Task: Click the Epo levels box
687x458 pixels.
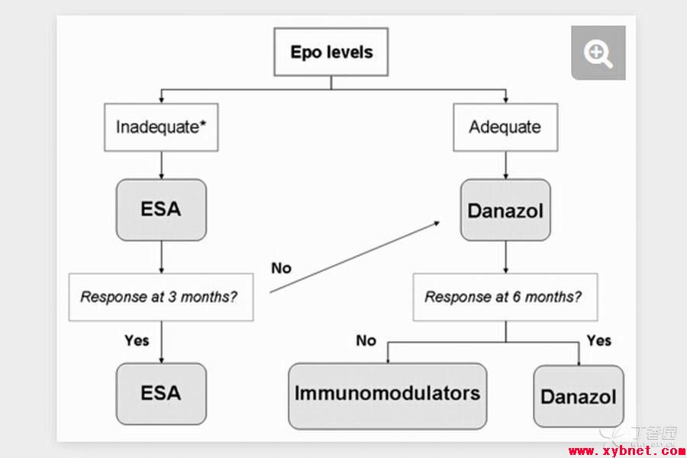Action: [331, 52]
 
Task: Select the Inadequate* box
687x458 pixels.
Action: [161, 127]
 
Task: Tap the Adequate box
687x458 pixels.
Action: [505, 127]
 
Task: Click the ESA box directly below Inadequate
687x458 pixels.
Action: [161, 209]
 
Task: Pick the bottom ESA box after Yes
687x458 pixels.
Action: [161, 394]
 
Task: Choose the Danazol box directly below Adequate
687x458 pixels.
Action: [505, 210]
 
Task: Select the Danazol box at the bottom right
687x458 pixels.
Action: [579, 396]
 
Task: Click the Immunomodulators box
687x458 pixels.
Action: [387, 395]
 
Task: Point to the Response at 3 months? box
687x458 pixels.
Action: [161, 297]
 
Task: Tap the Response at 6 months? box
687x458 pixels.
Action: [505, 297]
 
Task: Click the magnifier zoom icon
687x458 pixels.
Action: [598, 53]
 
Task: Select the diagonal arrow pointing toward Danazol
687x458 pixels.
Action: [355, 256]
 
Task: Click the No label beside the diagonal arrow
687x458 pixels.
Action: [281, 268]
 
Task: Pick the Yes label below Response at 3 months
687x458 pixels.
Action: [137, 340]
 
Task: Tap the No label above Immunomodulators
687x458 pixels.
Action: [366, 340]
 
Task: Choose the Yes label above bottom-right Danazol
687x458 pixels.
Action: [599, 340]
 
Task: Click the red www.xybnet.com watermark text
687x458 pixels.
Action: [627, 451]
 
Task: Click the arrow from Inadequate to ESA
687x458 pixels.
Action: [161, 165]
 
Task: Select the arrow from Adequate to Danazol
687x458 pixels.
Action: [505, 165]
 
